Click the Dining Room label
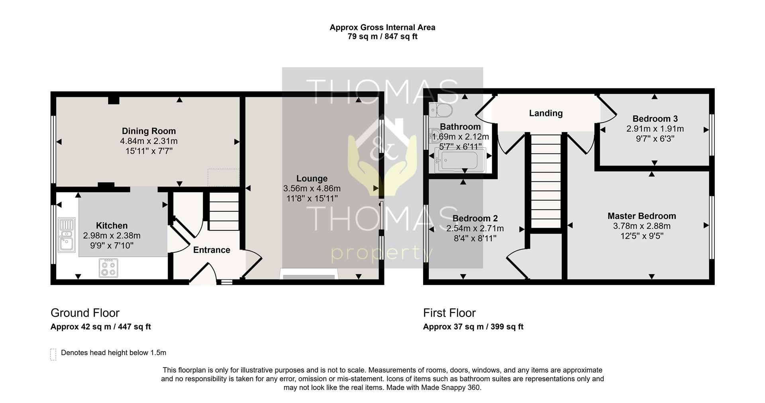coord(149,131)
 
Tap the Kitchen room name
coord(112,226)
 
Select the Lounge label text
coord(312,179)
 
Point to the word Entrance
coord(212,250)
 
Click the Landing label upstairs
coord(546,113)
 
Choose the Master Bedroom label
coord(641,216)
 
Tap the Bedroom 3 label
coord(655,119)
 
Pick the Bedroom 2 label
coord(475,218)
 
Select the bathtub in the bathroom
coord(461,160)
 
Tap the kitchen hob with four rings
coord(108,268)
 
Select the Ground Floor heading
coord(85,313)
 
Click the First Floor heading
coord(449,313)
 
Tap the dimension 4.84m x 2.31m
coord(149,141)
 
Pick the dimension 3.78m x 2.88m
coord(641,226)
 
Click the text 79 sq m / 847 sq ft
coord(382,37)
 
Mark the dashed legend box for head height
coord(53,354)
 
